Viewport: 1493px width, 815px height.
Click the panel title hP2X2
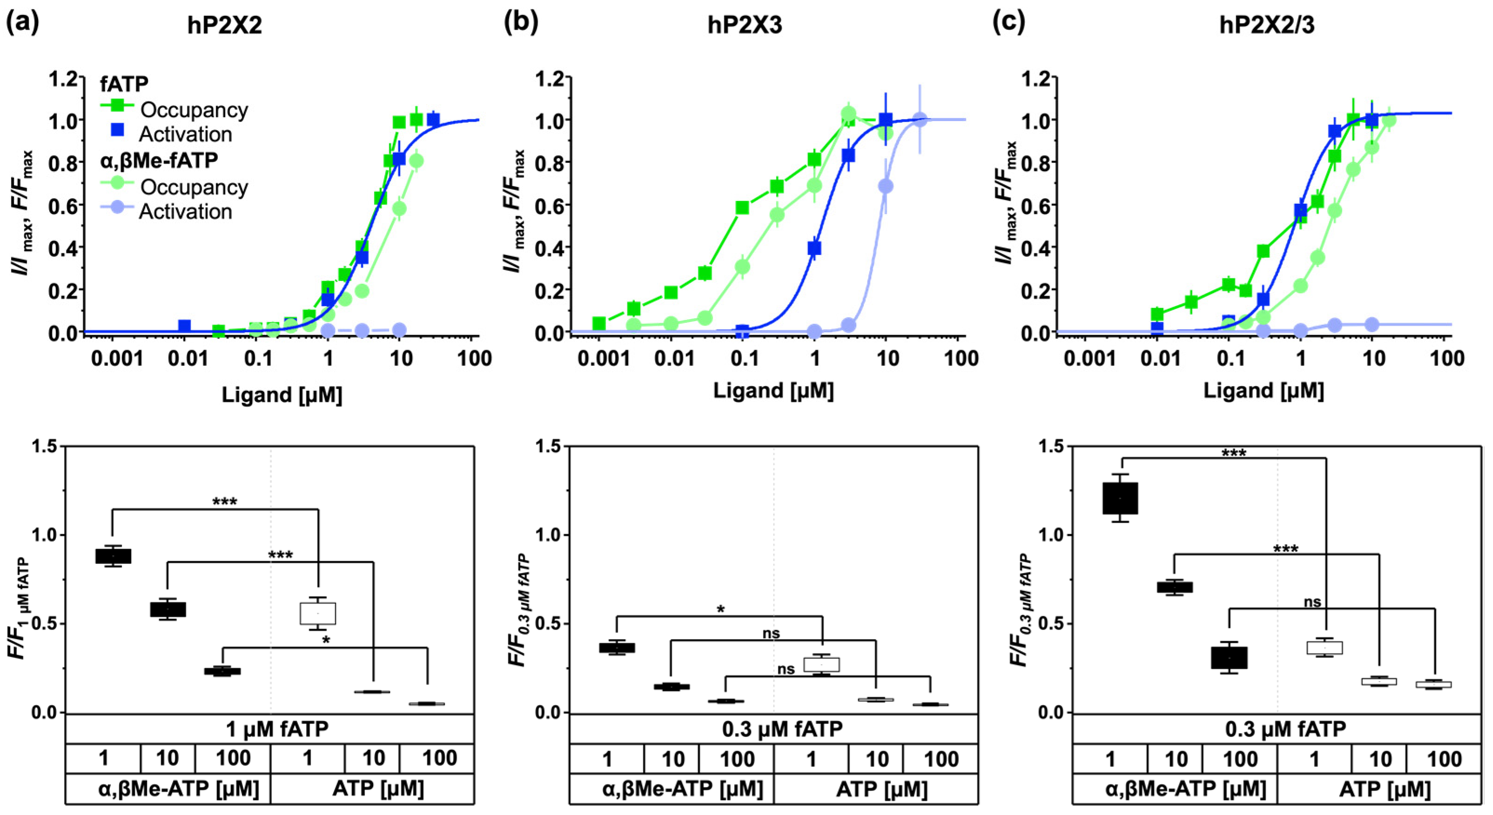coord(224,26)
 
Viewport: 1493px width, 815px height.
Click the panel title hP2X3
coord(745,26)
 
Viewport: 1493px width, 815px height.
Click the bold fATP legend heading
coord(124,84)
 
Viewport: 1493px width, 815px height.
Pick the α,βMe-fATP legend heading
coord(159,160)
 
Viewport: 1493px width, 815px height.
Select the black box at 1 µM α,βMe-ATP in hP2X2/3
coord(1120,498)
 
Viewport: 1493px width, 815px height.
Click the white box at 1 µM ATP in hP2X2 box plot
coord(318,613)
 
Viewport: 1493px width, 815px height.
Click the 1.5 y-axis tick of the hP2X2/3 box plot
coord(1050,446)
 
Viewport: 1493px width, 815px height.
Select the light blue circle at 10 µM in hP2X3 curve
coord(885,186)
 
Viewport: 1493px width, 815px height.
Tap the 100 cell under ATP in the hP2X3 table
coord(940,759)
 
